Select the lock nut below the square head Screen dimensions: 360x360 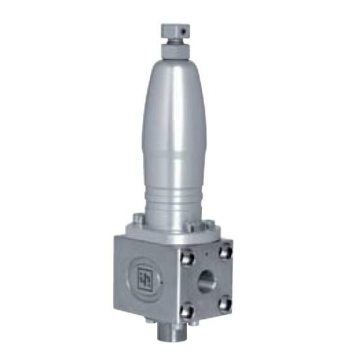[174, 47]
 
